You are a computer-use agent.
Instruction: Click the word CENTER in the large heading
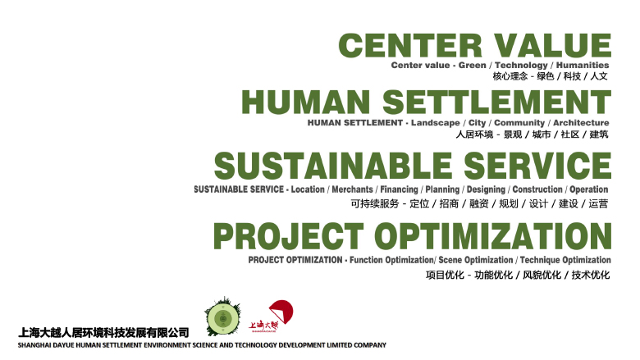410,45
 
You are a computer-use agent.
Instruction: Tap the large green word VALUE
553,45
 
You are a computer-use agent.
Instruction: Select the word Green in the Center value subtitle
473,66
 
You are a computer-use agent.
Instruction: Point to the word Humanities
583,66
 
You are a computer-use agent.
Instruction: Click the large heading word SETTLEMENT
496,102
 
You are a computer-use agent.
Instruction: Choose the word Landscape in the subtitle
435,123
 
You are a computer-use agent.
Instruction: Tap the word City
478,123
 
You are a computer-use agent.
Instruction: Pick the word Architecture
581,123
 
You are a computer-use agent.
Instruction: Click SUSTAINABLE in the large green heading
333,166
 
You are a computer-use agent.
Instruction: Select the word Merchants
352,189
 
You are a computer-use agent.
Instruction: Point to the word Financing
400,189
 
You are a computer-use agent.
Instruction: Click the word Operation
589,189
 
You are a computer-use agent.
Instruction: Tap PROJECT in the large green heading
289,236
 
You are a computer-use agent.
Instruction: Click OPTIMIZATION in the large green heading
493,236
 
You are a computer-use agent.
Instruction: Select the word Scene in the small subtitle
450,260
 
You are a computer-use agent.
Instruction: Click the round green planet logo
223,317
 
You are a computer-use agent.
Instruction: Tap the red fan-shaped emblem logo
281,312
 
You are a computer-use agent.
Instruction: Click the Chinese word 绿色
546,76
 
